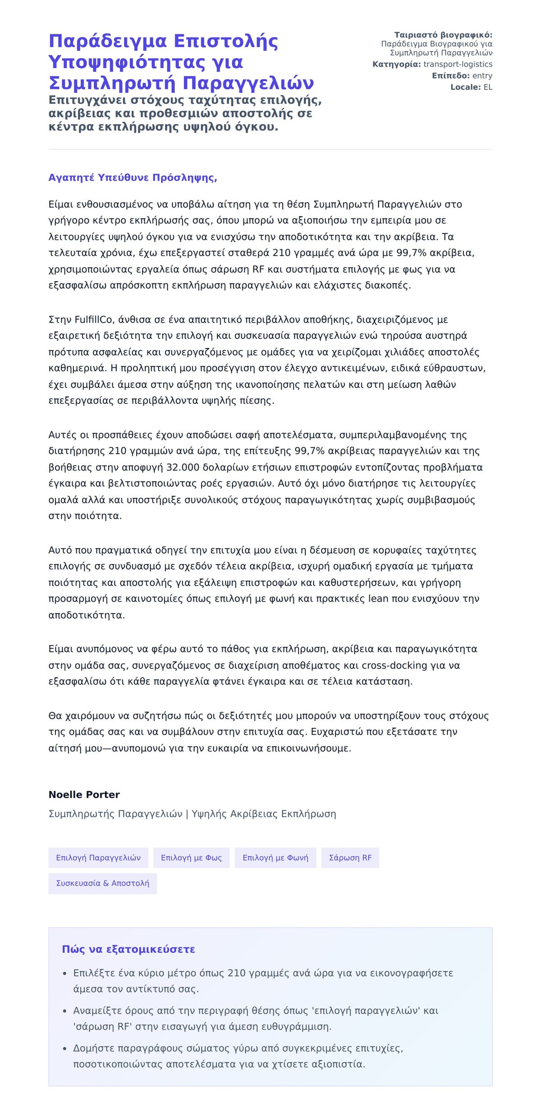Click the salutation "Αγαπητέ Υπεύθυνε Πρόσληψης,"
(133, 178)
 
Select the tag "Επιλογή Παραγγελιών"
(98, 858)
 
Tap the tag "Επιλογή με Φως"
(191, 858)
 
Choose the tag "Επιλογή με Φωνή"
(275, 858)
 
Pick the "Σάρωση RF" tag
(350, 858)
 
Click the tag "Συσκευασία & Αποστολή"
(102, 883)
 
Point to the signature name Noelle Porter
(84, 794)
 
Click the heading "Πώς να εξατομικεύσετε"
(128, 949)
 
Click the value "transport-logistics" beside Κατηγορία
(458, 65)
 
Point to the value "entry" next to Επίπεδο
(482, 76)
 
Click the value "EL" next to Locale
(488, 87)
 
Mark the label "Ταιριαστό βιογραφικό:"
(443, 35)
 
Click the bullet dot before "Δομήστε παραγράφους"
(65, 1049)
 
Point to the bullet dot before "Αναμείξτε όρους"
(65, 1011)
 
